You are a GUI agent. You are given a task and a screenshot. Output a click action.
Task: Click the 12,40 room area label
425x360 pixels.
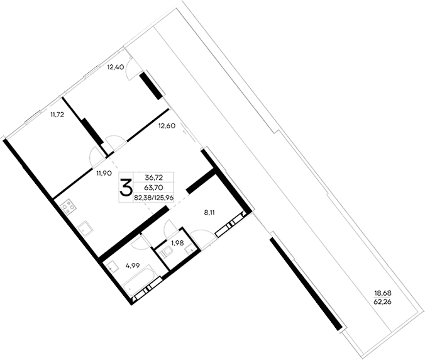pyautogui.click(x=114, y=67)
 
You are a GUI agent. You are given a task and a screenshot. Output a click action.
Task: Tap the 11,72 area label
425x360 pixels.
pyautogui.click(x=58, y=115)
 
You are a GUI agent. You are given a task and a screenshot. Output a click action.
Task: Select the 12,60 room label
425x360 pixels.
pyautogui.click(x=167, y=126)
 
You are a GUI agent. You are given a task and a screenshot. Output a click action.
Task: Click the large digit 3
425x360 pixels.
pyautogui.click(x=126, y=186)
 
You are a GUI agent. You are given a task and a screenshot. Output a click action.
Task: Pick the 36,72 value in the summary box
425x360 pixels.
pyautogui.click(x=155, y=178)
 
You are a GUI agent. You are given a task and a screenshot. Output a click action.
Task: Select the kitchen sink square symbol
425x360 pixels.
pyautogui.click(x=83, y=226)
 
